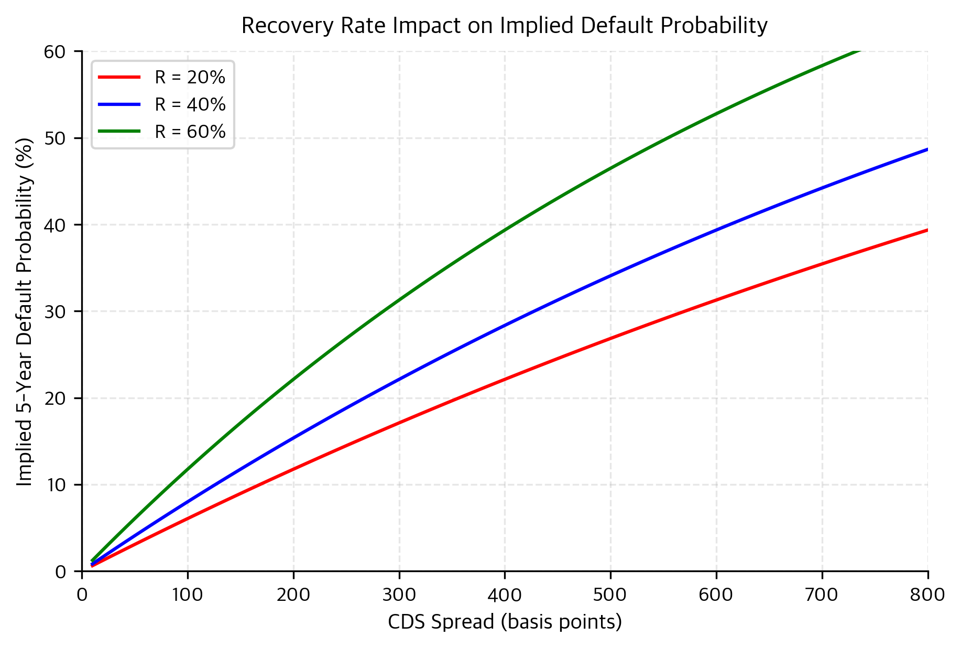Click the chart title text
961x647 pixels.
point(504,26)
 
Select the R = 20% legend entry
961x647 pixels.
point(190,78)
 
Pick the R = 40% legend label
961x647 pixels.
point(190,105)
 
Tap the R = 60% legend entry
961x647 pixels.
point(190,132)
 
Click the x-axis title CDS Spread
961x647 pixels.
point(504,622)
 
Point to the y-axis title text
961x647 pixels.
point(25,311)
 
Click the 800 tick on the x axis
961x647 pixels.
point(927,595)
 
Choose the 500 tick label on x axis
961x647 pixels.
point(610,595)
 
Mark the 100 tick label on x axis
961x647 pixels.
point(188,595)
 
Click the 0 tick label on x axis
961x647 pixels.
point(82,595)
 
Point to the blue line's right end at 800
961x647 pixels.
point(927,149)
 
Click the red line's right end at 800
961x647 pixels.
point(927,230)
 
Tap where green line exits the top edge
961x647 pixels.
point(858,52)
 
